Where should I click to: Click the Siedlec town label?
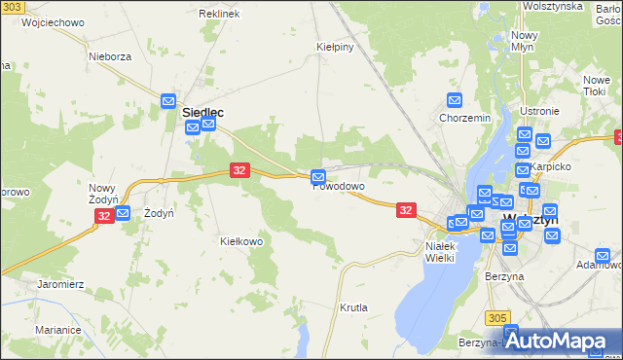tap(203, 113)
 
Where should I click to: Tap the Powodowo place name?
tap(339, 187)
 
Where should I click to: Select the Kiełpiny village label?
tap(334, 46)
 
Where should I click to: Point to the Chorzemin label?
tap(464, 119)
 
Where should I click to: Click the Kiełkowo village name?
tap(242, 241)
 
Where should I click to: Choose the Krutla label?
tap(354, 307)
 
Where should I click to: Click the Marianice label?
tap(57, 330)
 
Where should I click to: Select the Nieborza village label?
tap(110, 56)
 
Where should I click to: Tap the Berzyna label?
tap(504, 276)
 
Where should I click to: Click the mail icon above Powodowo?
tap(318, 176)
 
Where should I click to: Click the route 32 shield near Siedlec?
tap(239, 170)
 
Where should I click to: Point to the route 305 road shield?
tap(498, 317)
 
